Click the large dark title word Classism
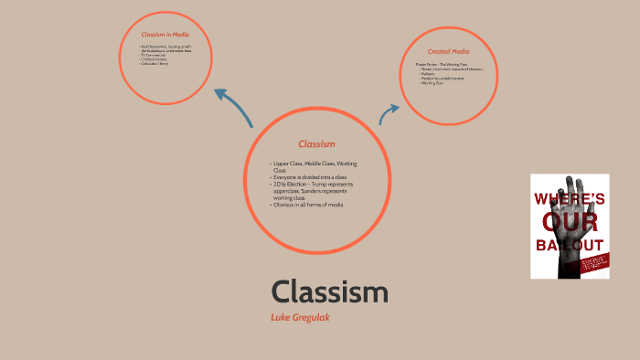click(x=329, y=292)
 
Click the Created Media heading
click(x=449, y=51)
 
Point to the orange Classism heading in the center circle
click(x=316, y=144)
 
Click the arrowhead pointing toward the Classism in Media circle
click(x=220, y=94)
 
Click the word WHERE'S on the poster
click(x=569, y=197)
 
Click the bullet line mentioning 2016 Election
click(x=313, y=184)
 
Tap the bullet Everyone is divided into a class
click(x=309, y=176)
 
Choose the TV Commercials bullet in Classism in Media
click(x=155, y=55)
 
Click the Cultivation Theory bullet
click(x=155, y=64)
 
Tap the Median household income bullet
click(x=443, y=79)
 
